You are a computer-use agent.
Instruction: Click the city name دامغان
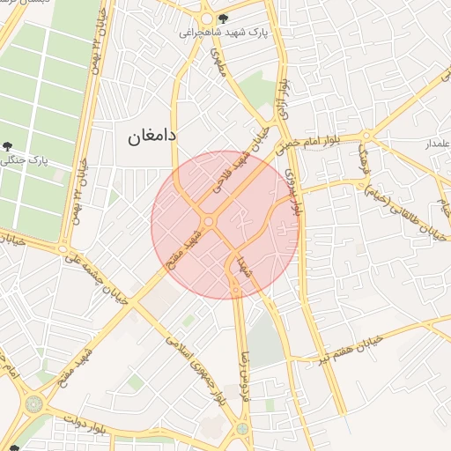coord(152,137)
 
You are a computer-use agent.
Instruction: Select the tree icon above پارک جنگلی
coord(8,147)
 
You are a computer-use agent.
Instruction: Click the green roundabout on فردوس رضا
coord(242,429)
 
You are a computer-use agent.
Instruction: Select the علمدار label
coord(437,144)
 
